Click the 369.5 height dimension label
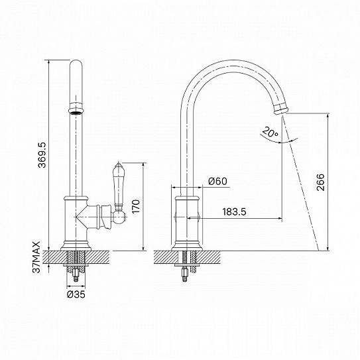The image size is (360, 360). pos(42,155)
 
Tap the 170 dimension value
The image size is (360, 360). pos(136,206)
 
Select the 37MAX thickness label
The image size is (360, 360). pos(36,257)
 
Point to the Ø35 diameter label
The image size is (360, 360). pos(76,294)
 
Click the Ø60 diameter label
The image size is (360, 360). pos(217,182)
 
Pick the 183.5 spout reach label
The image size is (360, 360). pos(234,211)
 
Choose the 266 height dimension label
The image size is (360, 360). pos(320,182)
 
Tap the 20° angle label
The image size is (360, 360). pos(270,132)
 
